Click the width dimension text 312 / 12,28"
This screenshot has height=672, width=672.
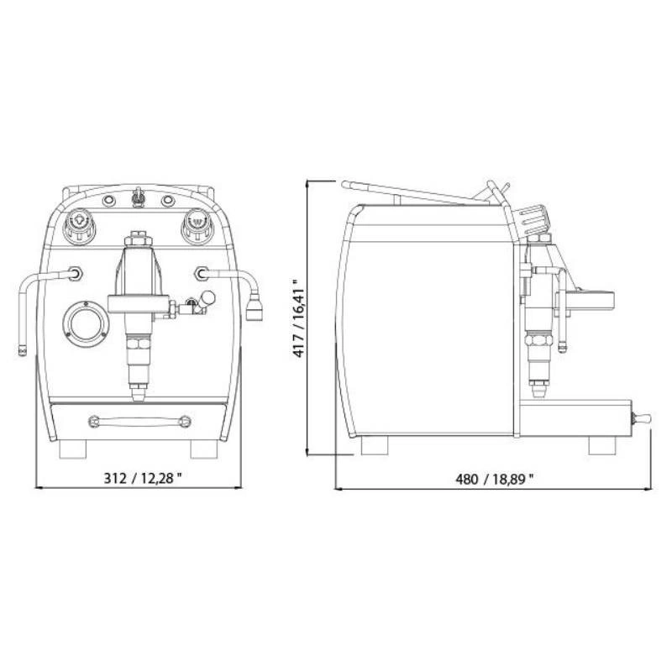point(143,477)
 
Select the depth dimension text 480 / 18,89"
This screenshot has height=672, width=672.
point(495,479)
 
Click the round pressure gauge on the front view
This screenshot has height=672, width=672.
point(86,323)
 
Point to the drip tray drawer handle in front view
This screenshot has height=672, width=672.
point(139,422)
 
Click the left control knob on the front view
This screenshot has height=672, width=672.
point(78,224)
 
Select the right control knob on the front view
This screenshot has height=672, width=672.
point(197,224)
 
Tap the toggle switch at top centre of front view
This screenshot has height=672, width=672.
point(138,197)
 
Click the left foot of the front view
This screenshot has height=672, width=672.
point(73,449)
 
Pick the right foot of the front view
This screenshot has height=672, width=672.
point(204,449)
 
